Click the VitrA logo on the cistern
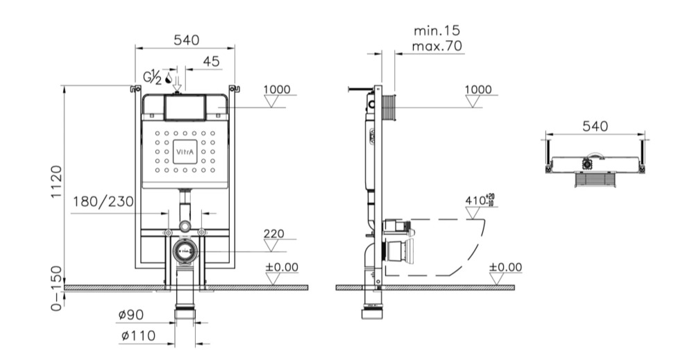(185, 152)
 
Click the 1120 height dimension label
(56, 182)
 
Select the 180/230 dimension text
(103, 202)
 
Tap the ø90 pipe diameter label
(131, 315)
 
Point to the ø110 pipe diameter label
(139, 336)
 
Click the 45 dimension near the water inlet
(211, 62)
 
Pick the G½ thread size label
(152, 77)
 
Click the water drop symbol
(168, 78)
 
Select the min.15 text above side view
(437, 31)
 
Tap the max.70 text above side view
(437, 46)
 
